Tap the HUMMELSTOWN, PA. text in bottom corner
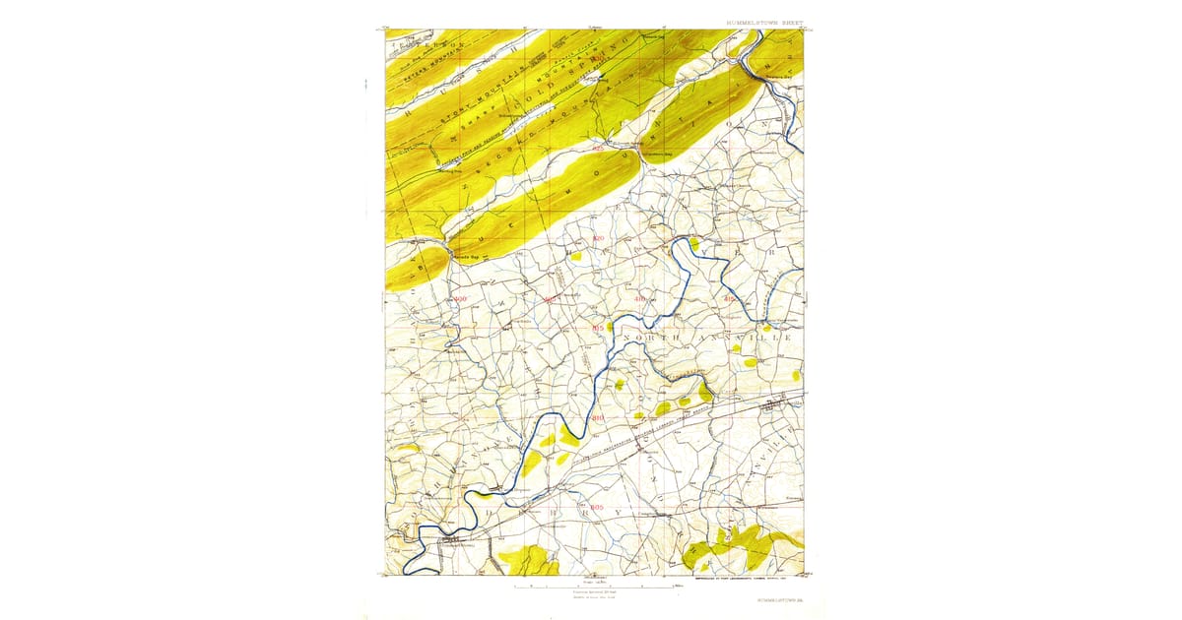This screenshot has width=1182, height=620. pos(779,597)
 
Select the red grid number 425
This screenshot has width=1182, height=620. pos(598,149)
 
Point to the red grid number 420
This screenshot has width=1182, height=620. pos(598,239)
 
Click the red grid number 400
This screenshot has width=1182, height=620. pos(461,298)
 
